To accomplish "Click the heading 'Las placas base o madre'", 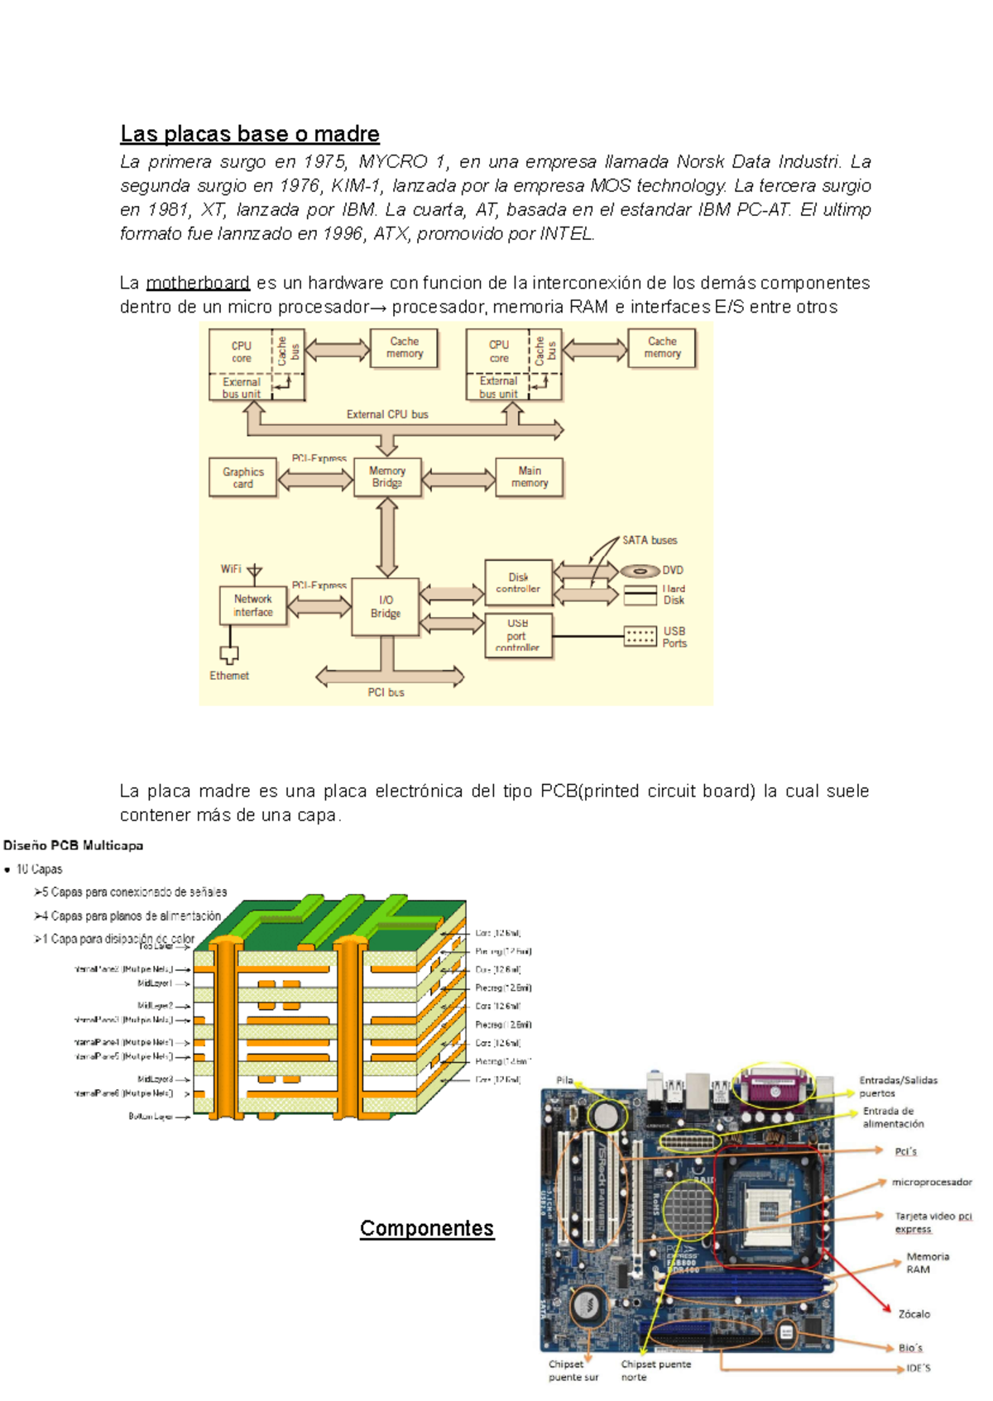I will (x=249, y=134).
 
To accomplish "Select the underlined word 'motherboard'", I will (x=198, y=283).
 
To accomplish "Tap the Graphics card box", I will (x=242, y=477).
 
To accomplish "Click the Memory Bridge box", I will (x=387, y=477).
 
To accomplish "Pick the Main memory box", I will (x=530, y=477).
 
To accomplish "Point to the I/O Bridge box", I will (x=386, y=606).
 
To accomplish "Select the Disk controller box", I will (x=518, y=582).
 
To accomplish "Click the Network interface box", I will (x=253, y=605).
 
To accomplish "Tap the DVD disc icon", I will (x=640, y=571).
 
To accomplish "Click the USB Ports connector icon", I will (x=640, y=636).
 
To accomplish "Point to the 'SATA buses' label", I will (x=650, y=540).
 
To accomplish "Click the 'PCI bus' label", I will (x=386, y=692).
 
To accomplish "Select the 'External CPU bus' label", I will (x=387, y=414).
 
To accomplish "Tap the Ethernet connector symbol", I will (x=229, y=655).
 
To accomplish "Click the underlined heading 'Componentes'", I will (x=427, y=1228).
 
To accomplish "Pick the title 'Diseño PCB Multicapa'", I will (x=74, y=845).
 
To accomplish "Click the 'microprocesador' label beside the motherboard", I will (x=932, y=1182).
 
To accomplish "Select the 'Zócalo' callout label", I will (x=914, y=1313).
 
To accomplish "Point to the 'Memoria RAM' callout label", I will (x=927, y=1262).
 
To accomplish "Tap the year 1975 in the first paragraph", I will (x=324, y=161).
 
